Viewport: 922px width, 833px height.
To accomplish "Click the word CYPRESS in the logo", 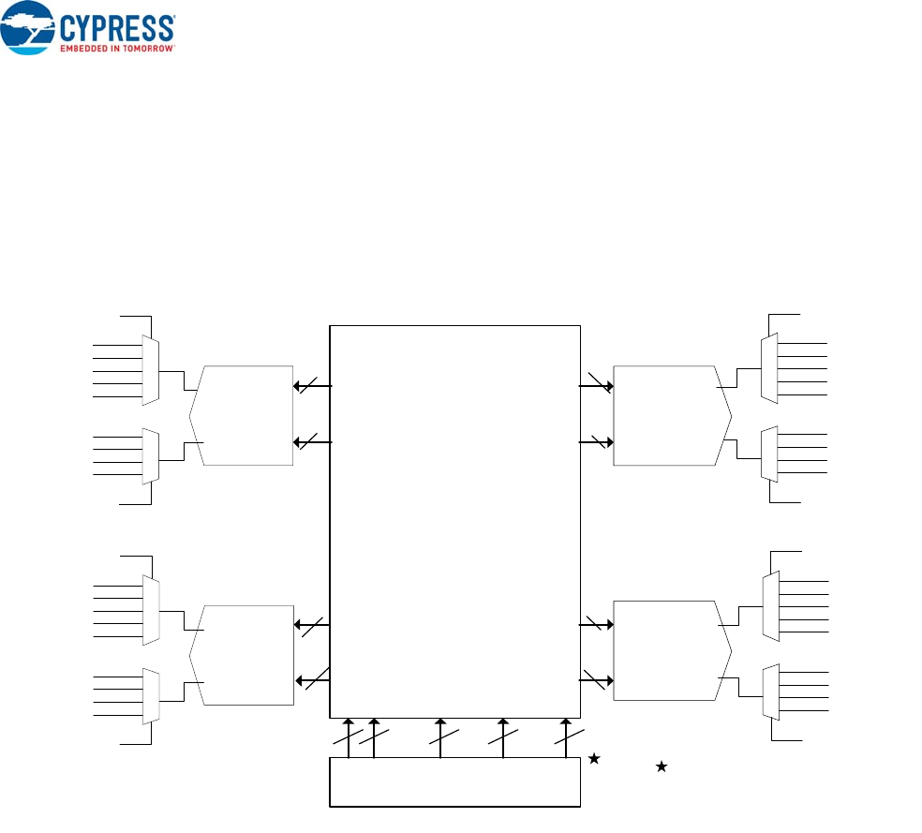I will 117,26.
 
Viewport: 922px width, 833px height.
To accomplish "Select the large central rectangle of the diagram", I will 455,521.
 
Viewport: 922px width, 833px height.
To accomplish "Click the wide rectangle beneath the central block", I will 455,781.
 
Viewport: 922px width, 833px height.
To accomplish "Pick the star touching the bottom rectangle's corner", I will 593,759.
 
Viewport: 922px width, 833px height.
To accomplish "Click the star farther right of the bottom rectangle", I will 661,766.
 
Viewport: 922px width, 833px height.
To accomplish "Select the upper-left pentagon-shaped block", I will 242,414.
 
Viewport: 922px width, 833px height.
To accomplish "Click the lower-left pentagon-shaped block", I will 242,654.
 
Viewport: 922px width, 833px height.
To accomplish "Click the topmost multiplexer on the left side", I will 151,371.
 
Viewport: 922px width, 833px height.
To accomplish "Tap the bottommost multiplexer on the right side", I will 770,692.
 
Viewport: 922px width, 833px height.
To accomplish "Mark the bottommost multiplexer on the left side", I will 151,695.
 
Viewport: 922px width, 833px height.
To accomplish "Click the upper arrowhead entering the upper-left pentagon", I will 298,385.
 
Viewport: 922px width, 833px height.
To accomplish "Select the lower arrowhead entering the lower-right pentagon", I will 608,681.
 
